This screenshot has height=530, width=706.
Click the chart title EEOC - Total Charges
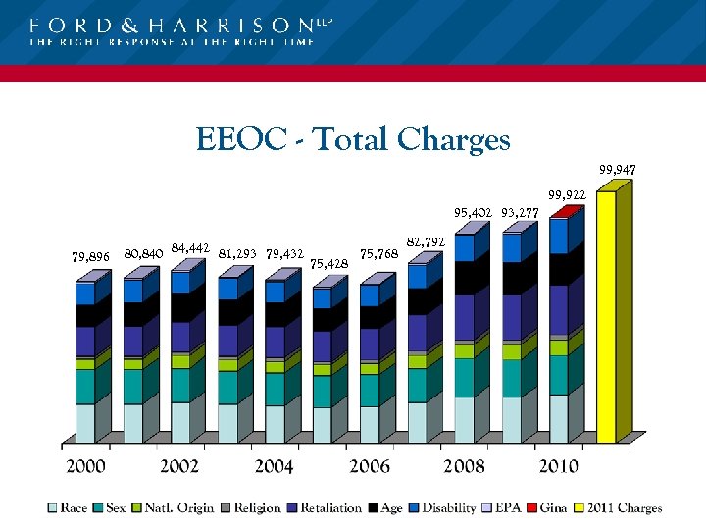tap(353, 139)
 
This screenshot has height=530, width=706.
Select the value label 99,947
tap(618, 170)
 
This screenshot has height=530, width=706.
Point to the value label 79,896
tap(91, 257)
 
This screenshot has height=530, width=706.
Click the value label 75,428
tap(328, 263)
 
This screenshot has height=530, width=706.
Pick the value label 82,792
tap(427, 241)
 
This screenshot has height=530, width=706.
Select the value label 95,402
tap(473, 212)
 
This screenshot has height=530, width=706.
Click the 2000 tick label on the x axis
tap(85, 466)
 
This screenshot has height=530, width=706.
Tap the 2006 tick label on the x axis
tap(370, 466)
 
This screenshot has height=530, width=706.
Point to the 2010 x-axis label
tap(558, 466)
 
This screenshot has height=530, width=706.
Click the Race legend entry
tap(67, 508)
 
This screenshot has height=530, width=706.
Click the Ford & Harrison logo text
tap(175, 26)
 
